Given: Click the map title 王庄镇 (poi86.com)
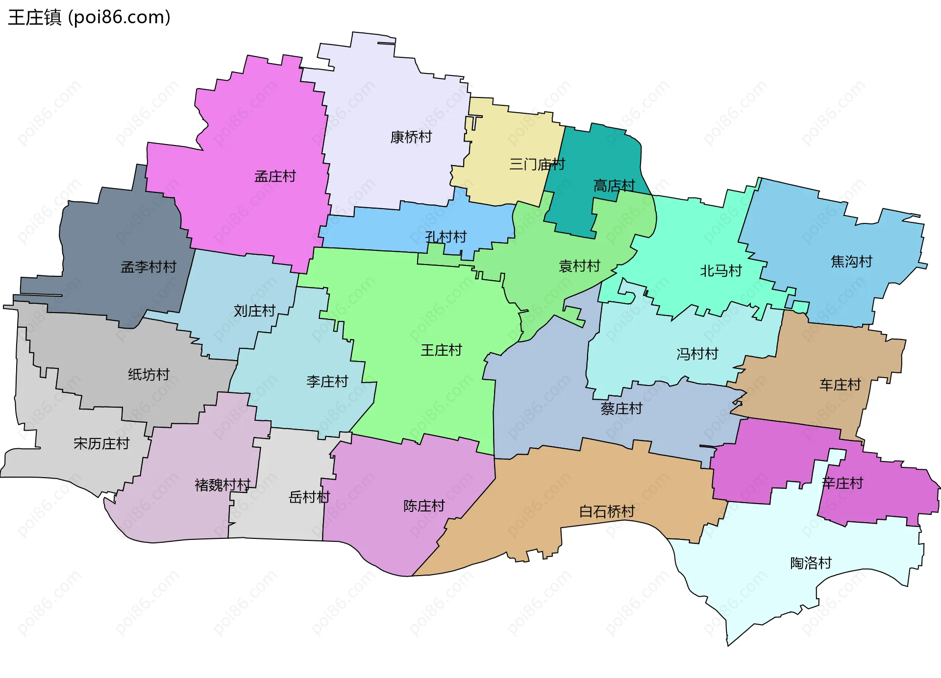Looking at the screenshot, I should click(89, 17).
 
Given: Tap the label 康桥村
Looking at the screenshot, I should click(411, 137).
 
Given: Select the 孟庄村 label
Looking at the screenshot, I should click(275, 176).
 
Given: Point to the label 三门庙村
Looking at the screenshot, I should click(537, 164).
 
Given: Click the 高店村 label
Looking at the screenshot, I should click(614, 186).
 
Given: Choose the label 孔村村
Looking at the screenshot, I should click(446, 237).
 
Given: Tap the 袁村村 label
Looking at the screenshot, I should click(579, 266).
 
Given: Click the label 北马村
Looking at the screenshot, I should click(720, 270).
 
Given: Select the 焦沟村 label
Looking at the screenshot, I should click(851, 262).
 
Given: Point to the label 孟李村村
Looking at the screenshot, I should click(149, 267).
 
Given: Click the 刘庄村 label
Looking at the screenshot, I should click(254, 311).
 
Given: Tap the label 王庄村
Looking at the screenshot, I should click(441, 350).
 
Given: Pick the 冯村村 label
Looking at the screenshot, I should click(697, 354).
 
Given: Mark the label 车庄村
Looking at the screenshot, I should click(840, 385).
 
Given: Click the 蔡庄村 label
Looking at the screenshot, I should click(621, 408).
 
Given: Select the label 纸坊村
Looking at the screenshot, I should click(149, 375).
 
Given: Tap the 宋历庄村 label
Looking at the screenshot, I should click(101, 443).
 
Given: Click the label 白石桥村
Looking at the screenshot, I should click(607, 511).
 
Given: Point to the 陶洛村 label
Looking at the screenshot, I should click(811, 563).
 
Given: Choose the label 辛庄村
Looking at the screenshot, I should click(842, 483).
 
